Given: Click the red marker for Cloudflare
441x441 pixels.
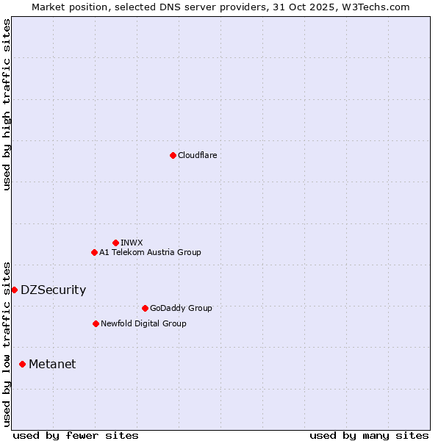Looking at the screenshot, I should [x=173, y=155].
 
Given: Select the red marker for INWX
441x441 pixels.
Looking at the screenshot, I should [x=115, y=243].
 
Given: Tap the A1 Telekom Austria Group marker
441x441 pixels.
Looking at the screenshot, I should [x=94, y=252].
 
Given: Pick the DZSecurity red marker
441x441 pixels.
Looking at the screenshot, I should [x=14, y=290].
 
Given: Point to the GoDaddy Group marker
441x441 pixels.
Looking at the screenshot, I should [x=145, y=308].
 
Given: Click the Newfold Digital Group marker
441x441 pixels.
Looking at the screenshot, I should [x=96, y=323].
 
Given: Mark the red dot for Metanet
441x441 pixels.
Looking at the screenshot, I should [x=22, y=364].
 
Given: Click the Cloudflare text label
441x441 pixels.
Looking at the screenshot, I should [x=198, y=155].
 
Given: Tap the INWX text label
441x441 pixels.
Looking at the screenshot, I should [x=132, y=243].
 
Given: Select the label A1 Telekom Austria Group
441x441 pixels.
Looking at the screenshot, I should [x=150, y=252].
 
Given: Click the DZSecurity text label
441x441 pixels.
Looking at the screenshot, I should [x=53, y=290].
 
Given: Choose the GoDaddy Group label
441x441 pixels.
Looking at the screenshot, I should [x=181, y=308].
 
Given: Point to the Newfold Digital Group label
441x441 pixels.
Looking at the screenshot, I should [x=143, y=323].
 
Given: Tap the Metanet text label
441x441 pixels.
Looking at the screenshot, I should [x=52, y=364].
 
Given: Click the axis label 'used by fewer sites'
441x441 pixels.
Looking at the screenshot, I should [x=76, y=435].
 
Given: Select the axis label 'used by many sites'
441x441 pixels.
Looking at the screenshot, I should [x=369, y=435].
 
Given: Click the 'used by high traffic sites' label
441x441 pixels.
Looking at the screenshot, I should [x=7, y=104].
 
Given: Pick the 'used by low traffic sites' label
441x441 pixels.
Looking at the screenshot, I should [x=7, y=344].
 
